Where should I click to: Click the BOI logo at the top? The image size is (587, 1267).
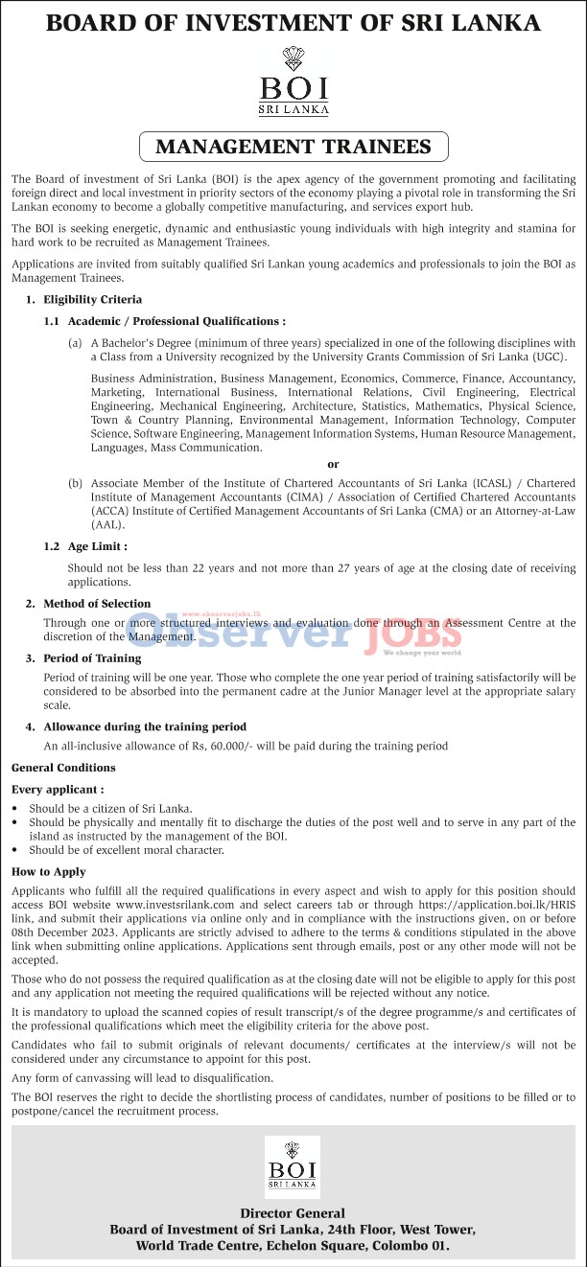293,82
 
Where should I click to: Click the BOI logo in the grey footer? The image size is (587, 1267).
293,1166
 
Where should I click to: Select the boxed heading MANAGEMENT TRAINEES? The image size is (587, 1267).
293,147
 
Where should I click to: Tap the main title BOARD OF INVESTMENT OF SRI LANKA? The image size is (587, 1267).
293,24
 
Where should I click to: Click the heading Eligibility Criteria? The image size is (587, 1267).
92,300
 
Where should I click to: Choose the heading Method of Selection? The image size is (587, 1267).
97,604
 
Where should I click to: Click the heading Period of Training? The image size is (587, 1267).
92,658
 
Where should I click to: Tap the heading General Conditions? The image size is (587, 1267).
63,768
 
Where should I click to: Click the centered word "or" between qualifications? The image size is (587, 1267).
333,464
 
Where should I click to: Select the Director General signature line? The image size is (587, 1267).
293,1213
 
